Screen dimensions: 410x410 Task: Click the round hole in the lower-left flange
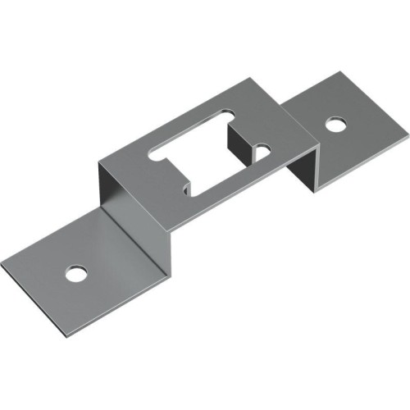[x=75, y=272]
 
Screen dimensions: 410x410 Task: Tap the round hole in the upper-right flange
[x=335, y=125]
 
